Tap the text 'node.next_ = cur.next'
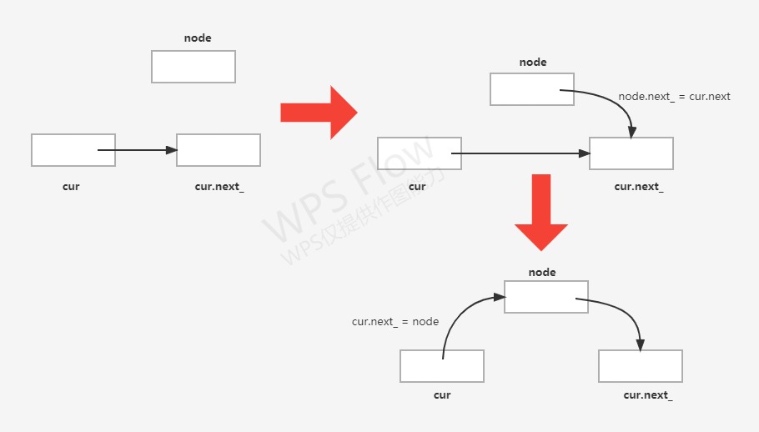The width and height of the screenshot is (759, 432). [x=674, y=97]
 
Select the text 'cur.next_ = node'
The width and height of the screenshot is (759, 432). [x=395, y=321]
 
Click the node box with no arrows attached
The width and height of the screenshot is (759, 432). [x=194, y=67]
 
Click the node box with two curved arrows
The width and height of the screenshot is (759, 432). [x=546, y=297]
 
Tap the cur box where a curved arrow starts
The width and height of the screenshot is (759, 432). [x=442, y=365]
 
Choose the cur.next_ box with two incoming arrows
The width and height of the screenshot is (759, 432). [x=631, y=153]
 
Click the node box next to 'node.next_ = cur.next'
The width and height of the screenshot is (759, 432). [x=532, y=89]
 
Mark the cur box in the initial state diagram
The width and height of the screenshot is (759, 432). [x=73, y=150]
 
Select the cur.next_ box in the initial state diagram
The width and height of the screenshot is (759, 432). [x=219, y=150]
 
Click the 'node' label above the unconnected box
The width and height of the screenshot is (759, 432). [x=198, y=38]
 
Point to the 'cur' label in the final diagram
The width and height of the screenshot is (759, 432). [x=442, y=394]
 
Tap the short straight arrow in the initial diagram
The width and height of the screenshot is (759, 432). [x=138, y=150]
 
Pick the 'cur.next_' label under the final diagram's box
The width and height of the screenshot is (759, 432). [x=648, y=394]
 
